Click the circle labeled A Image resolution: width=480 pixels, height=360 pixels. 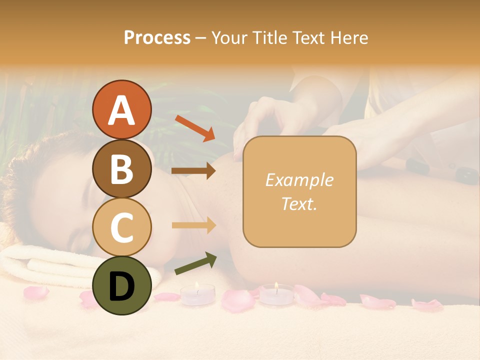click(x=122, y=110)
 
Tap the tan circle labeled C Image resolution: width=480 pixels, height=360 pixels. click(x=122, y=227)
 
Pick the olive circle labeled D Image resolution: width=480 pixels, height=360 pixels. click(x=122, y=285)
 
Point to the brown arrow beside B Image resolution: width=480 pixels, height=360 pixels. click(x=193, y=171)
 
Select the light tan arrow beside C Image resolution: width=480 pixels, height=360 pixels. click(x=193, y=225)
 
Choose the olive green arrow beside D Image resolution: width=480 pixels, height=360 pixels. click(x=195, y=263)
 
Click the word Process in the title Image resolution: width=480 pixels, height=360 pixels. click(x=157, y=37)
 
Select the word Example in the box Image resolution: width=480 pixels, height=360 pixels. click(x=299, y=180)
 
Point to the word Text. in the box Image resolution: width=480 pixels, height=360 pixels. click(x=299, y=203)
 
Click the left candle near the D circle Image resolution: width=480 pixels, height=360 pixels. click(x=197, y=294)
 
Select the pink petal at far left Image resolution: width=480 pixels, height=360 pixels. click(x=36, y=292)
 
